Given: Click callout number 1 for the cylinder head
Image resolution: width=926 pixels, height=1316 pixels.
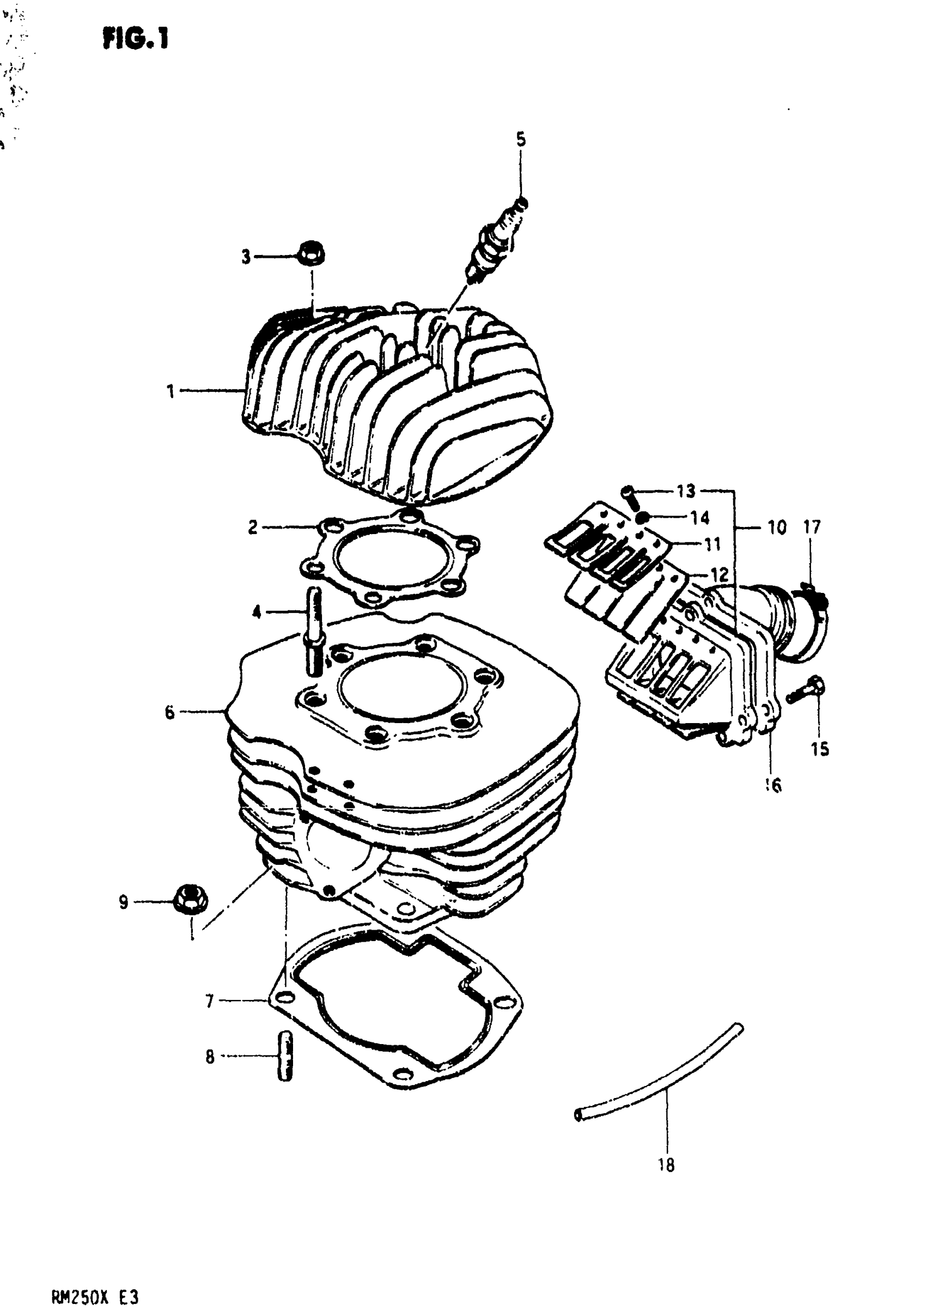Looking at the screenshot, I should point(170,391).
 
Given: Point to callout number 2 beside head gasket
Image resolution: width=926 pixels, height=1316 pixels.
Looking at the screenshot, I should point(253,527).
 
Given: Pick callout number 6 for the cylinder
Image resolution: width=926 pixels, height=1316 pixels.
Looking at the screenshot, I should point(169,712).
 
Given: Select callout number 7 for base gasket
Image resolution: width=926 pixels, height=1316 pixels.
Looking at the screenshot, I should point(210,1002).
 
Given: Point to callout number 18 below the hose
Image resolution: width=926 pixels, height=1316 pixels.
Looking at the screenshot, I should point(666,1165).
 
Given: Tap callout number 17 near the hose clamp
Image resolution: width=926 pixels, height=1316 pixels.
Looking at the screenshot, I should point(812,527).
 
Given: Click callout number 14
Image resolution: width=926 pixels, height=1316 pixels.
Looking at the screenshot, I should point(699,518).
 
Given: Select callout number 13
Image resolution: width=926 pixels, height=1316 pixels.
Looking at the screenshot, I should point(686,491).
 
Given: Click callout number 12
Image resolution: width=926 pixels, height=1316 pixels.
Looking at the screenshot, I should point(719,574).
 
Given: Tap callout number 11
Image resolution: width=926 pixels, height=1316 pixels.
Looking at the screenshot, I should point(712,543).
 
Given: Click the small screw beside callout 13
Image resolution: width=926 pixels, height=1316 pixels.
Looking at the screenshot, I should point(630,496).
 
